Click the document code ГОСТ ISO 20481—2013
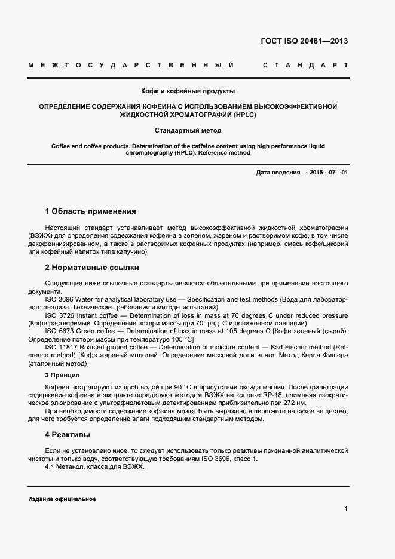(305, 41)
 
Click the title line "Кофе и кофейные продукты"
(188, 91)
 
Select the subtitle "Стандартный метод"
(188, 130)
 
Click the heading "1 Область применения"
(90, 211)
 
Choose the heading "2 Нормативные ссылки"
(92, 268)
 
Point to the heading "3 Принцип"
(62, 375)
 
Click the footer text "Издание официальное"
(62, 499)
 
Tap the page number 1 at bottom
(346, 509)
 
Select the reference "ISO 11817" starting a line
(61, 347)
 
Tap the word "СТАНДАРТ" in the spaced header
(305, 65)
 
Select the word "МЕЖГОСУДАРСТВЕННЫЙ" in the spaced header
(131, 65)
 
